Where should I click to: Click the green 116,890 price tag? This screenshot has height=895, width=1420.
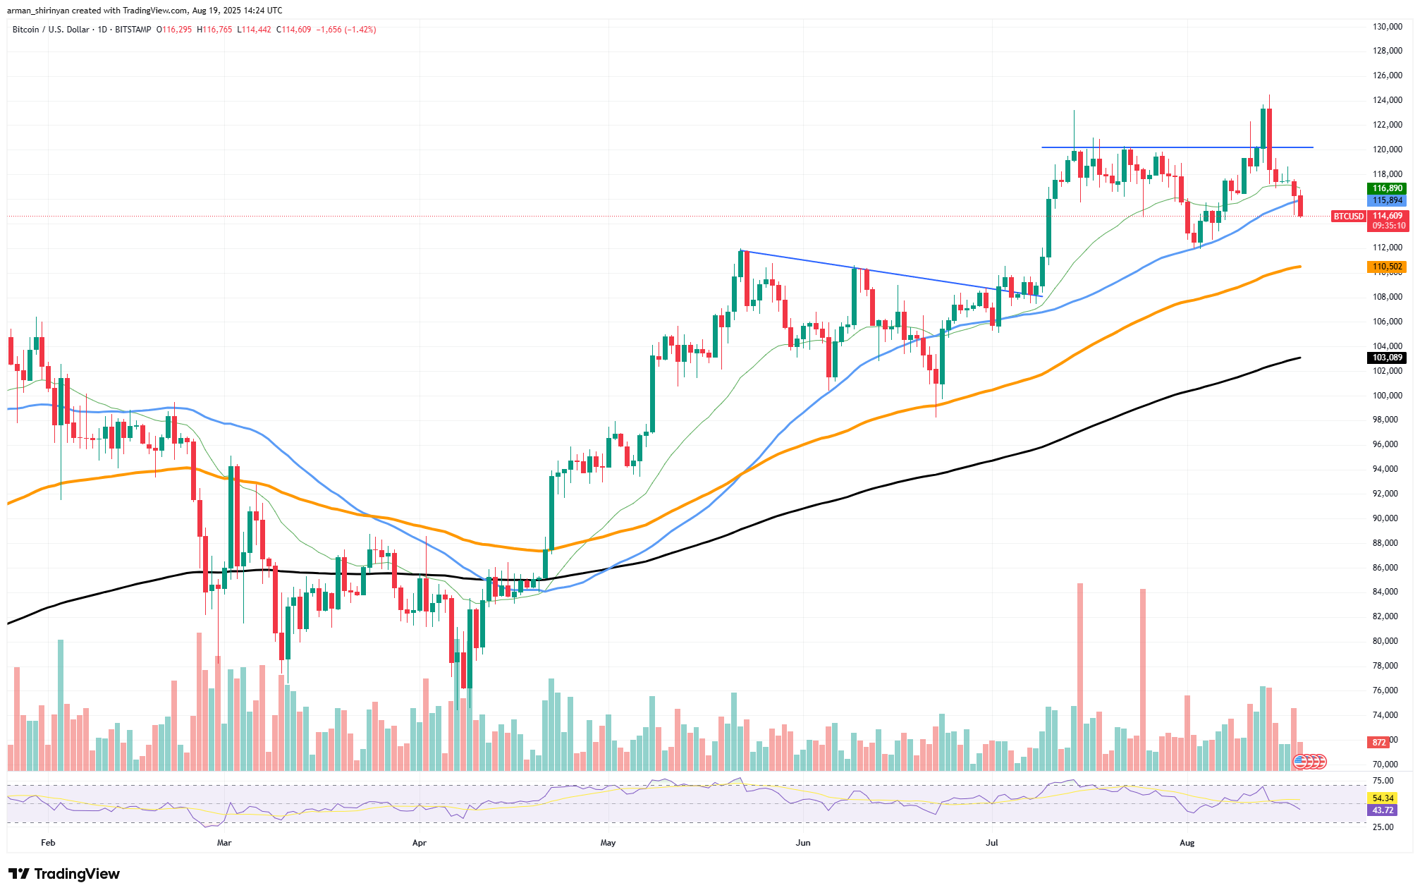point(1387,188)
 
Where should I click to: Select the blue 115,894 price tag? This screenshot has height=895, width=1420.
point(1387,200)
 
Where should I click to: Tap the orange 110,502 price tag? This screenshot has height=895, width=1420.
point(1387,267)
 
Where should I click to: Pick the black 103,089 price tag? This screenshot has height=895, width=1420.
point(1387,358)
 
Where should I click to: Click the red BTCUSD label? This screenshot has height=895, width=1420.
point(1348,217)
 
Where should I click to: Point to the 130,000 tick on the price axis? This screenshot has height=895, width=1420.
point(1387,27)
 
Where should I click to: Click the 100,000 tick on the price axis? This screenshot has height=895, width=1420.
point(1387,396)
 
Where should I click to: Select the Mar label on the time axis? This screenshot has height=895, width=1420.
point(224,843)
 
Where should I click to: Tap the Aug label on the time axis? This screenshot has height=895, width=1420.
point(1187,843)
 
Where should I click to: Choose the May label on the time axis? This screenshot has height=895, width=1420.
point(608,843)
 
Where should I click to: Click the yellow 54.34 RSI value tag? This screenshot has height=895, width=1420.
point(1383,798)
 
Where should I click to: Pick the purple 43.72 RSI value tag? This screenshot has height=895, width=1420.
point(1383,810)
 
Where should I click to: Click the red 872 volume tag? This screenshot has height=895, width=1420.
point(1379,742)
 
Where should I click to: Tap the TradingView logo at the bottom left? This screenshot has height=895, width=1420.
point(64,874)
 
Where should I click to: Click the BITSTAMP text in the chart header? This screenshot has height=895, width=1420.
point(133,30)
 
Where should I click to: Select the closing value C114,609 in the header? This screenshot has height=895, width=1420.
point(293,30)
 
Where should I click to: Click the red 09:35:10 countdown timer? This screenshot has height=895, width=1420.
point(1387,226)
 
